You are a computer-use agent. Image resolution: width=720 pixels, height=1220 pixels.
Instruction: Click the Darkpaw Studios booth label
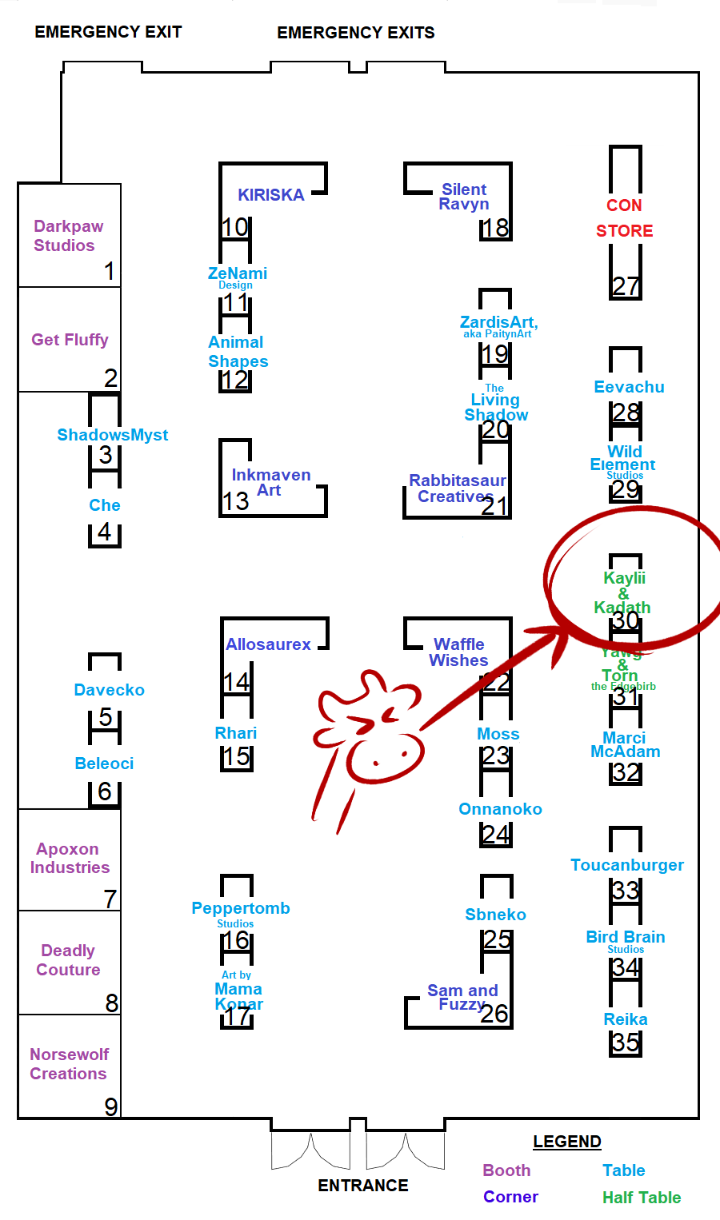[67, 236]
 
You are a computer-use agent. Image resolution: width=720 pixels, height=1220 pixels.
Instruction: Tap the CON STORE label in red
[624, 218]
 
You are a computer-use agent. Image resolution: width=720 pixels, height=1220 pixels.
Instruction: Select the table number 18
[495, 228]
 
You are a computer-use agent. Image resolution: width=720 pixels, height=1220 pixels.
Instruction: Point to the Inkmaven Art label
[270, 482]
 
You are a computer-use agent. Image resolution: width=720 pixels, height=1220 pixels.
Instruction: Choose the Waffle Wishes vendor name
[459, 652]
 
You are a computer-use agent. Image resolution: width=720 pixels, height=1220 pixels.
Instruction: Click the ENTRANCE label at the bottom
[363, 1185]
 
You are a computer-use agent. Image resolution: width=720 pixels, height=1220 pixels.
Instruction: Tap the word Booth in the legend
[506, 1170]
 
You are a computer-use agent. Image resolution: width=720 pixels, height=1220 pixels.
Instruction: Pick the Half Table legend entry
[642, 1198]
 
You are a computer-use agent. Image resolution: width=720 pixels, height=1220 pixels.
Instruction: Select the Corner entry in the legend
[510, 1197]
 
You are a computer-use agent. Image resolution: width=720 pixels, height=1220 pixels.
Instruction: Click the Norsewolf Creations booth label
[69, 1064]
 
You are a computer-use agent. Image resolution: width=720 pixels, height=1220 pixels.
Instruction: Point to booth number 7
[110, 899]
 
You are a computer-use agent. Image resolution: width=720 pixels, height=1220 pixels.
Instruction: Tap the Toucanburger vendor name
[627, 865]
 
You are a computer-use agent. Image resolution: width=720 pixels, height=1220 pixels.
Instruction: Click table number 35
[626, 1043]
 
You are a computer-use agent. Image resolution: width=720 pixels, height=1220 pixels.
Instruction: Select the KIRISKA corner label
[270, 195]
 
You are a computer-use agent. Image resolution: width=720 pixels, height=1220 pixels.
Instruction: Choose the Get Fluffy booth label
[70, 340]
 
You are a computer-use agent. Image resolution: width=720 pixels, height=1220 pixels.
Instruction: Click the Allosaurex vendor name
[268, 644]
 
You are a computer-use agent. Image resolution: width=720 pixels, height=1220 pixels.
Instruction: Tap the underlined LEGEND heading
[567, 1142]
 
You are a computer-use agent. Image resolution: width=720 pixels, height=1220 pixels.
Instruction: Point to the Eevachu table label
[629, 387]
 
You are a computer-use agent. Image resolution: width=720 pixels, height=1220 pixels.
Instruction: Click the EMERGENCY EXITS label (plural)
[356, 33]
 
